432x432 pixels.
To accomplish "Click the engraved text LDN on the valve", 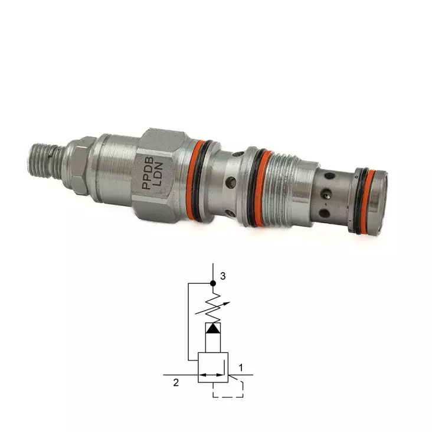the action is coord(159,174).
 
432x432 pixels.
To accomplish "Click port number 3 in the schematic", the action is coord(223,276).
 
